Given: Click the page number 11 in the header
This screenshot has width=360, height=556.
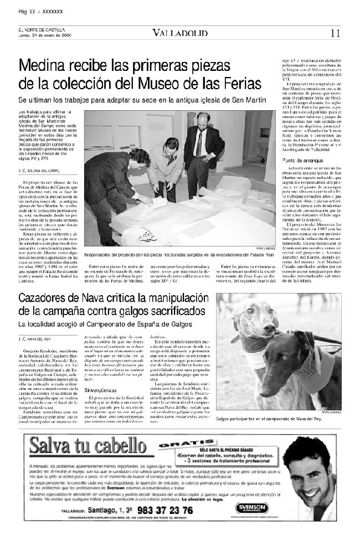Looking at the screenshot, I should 335,33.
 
